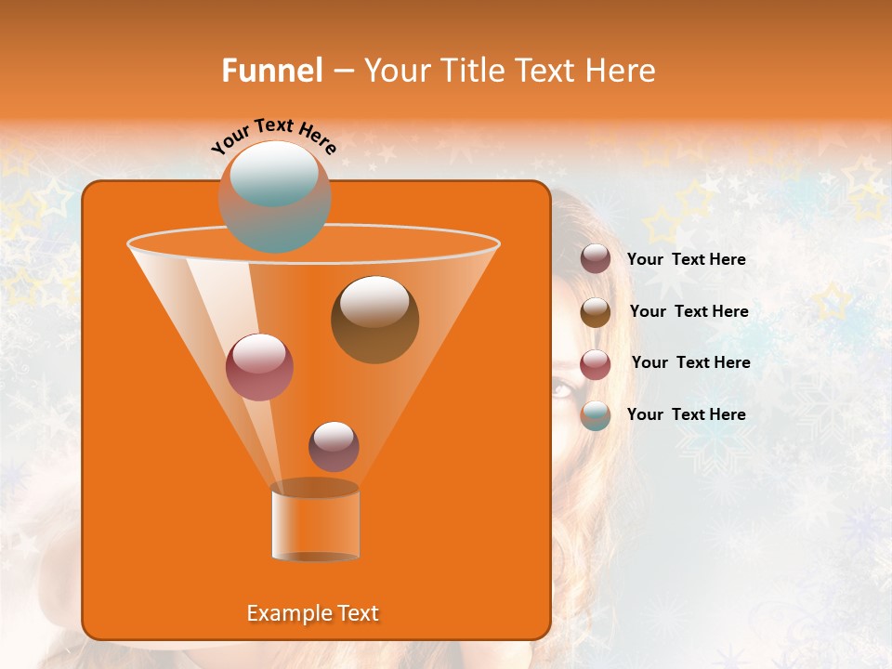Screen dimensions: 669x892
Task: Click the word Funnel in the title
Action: tap(272, 71)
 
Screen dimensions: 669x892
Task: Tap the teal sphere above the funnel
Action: tap(274, 196)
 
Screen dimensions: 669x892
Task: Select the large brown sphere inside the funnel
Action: tap(374, 320)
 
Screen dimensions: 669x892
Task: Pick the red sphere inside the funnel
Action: tap(259, 367)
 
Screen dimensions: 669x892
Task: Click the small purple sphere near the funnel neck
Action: tap(334, 446)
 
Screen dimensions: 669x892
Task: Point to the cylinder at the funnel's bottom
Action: tap(315, 524)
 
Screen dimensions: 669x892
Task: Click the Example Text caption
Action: tap(312, 613)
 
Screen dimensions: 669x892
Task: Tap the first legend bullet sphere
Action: tap(596, 259)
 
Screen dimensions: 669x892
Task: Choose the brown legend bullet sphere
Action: tap(596, 312)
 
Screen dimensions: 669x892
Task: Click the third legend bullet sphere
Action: tap(596, 364)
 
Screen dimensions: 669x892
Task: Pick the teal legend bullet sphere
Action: tap(596, 415)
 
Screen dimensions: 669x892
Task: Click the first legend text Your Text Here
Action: tap(686, 259)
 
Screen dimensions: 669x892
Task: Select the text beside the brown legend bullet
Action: tap(689, 311)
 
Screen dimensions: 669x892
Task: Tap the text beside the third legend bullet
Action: tap(690, 362)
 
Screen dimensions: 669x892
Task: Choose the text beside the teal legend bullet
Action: tap(686, 414)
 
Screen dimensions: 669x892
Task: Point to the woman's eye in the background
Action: tap(561, 389)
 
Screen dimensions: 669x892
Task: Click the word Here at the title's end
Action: tap(622, 71)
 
